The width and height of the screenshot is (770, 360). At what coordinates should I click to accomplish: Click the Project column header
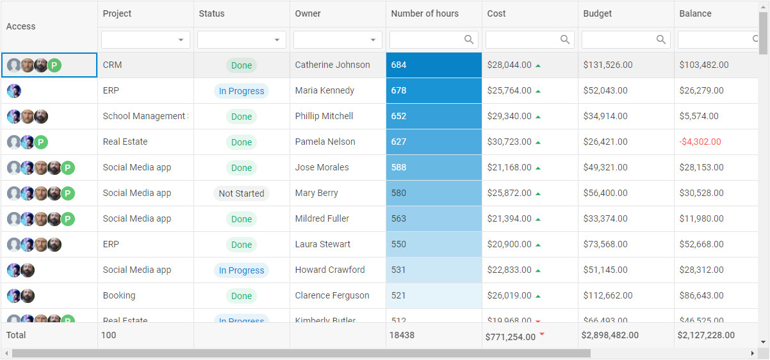pyautogui.click(x=117, y=13)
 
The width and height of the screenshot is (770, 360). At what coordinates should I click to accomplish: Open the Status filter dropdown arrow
pyautogui.click(x=277, y=40)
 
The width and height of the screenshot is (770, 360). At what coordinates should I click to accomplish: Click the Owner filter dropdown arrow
pyautogui.click(x=373, y=40)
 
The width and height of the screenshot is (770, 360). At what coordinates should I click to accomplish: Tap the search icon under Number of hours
pyautogui.click(x=469, y=40)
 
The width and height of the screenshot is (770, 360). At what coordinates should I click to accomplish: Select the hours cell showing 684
pyautogui.click(x=434, y=65)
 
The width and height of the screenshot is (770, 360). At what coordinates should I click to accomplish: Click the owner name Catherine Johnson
pyautogui.click(x=332, y=65)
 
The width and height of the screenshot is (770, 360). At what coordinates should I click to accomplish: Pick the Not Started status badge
pyautogui.click(x=242, y=193)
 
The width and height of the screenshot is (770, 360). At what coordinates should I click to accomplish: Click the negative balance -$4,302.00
pyautogui.click(x=700, y=142)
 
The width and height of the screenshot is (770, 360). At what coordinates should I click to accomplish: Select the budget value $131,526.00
pyautogui.click(x=608, y=65)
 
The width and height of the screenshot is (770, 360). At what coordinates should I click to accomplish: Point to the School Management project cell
pyautogui.click(x=145, y=116)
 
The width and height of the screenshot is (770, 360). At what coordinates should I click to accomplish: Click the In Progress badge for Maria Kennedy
pyautogui.click(x=242, y=91)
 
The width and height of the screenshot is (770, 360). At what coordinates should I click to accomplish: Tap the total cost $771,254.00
pyautogui.click(x=511, y=336)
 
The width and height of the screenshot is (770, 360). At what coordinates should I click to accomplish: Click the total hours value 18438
pyautogui.click(x=402, y=335)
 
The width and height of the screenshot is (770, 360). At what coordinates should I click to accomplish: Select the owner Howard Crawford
pyautogui.click(x=330, y=270)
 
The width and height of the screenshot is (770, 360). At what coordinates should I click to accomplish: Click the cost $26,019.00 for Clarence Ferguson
pyautogui.click(x=509, y=295)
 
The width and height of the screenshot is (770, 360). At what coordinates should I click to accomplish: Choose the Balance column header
pyautogui.click(x=695, y=13)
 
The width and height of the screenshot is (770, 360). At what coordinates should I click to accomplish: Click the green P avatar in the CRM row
pyautogui.click(x=54, y=65)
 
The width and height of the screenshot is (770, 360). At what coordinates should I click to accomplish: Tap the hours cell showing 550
pyautogui.click(x=434, y=244)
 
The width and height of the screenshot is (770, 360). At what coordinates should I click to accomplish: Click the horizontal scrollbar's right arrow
pyautogui.click(x=752, y=354)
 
